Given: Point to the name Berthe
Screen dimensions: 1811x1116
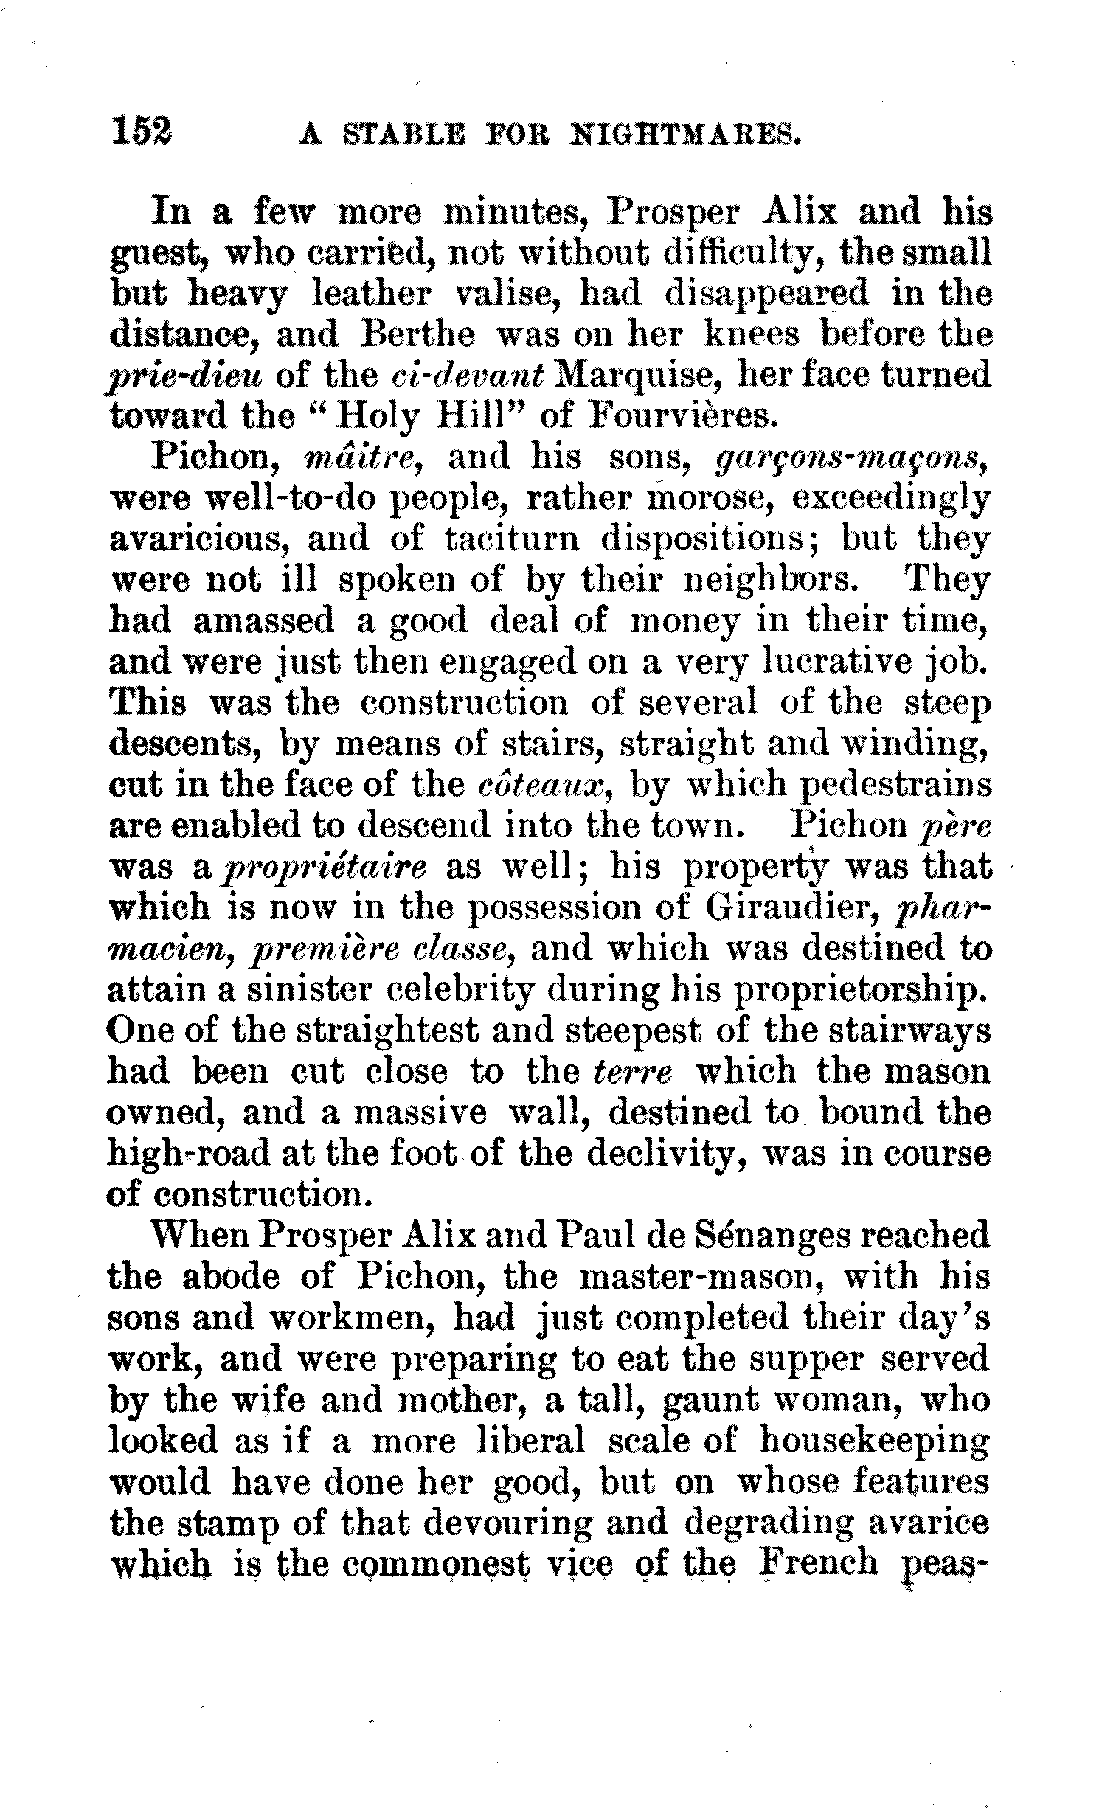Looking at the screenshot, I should pos(417,335).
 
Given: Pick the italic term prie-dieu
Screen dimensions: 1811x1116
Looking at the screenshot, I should pos(186,376).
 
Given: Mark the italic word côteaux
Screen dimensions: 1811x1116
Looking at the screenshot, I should pos(543,784).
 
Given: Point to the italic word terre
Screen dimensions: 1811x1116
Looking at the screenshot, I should pos(633,1073).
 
